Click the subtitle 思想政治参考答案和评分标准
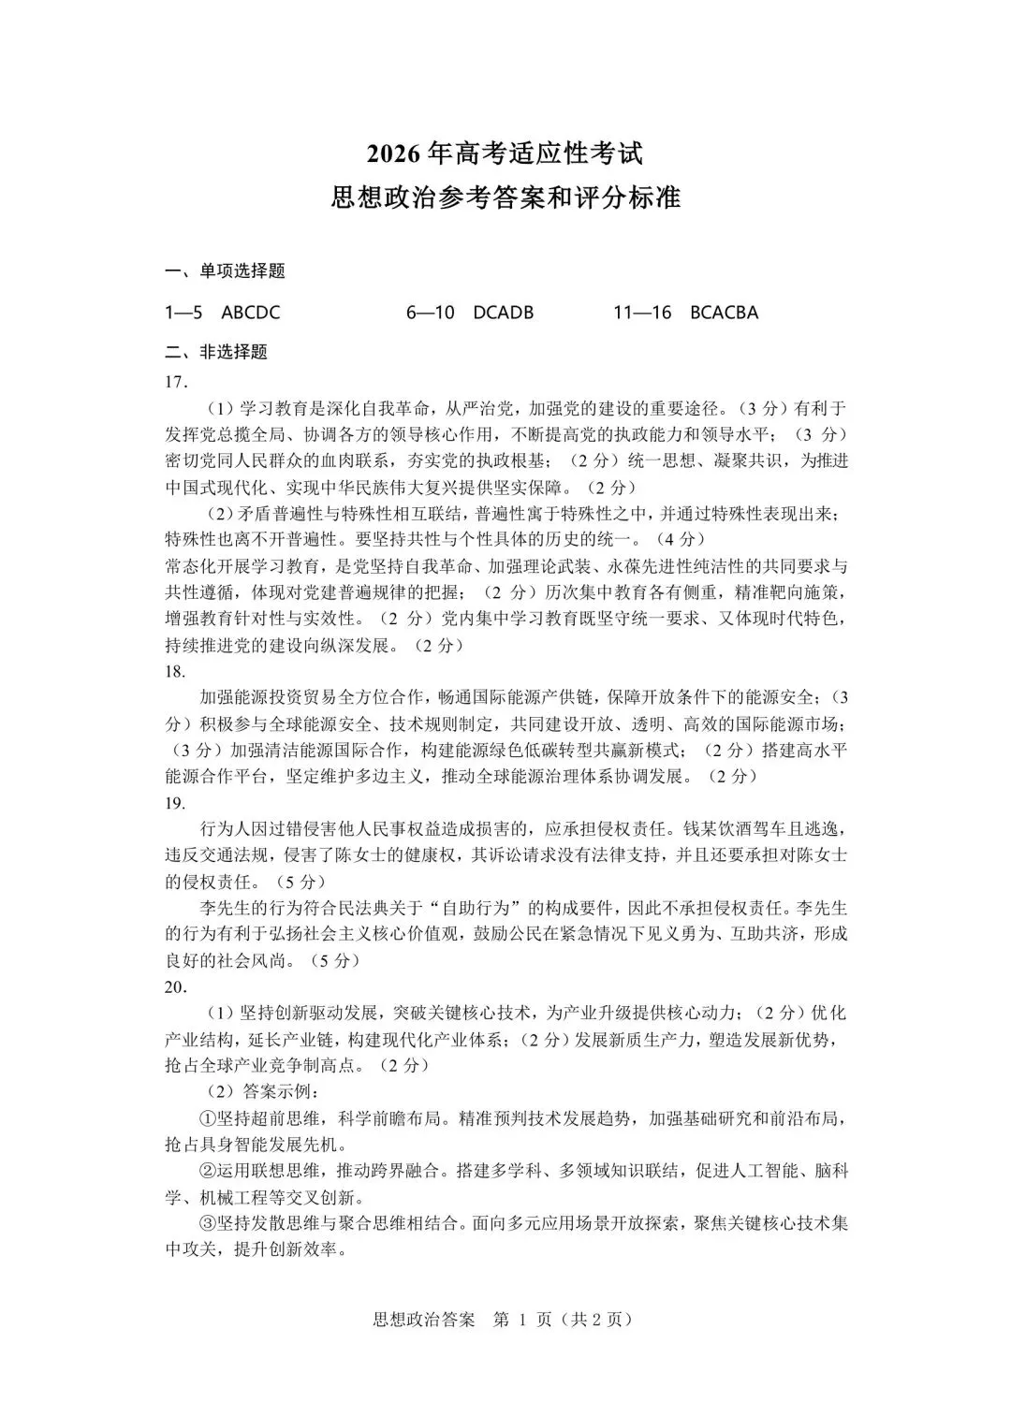click(x=505, y=198)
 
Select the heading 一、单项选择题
click(x=225, y=271)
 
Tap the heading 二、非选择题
click(x=216, y=352)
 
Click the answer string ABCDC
click(x=251, y=313)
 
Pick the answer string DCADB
click(x=504, y=313)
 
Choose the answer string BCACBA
click(x=724, y=313)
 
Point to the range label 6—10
click(x=431, y=313)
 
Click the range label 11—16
click(x=643, y=313)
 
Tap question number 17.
click(x=176, y=381)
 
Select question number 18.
click(x=176, y=671)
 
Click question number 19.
click(x=176, y=803)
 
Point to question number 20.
click(x=176, y=986)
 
